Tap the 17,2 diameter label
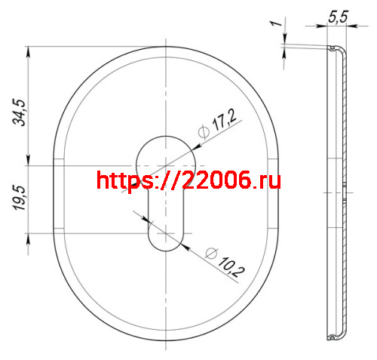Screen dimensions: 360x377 coord(224,122)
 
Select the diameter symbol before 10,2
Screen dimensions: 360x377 coord(210,251)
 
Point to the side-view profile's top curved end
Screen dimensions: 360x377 coord(335,51)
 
